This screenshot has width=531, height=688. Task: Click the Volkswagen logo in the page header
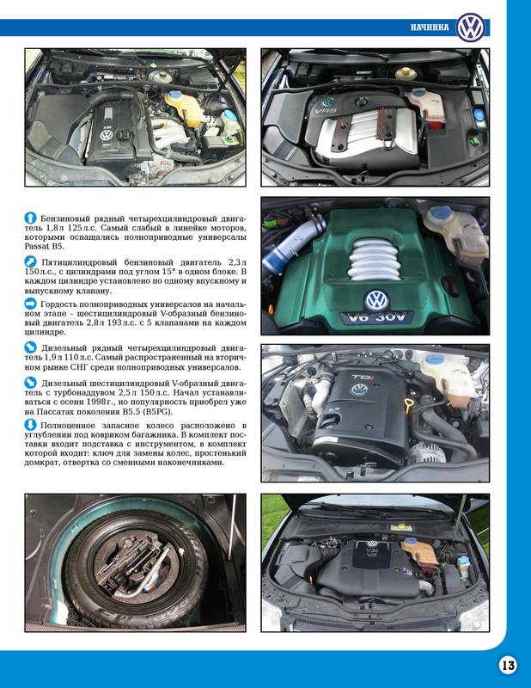coord(471,27)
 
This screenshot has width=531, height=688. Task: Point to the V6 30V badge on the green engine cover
coord(377,317)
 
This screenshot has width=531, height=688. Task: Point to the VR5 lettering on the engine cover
coord(326,111)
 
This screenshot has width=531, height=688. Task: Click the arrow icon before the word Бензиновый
coord(30,216)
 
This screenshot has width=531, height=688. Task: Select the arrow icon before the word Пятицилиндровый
coord(30,260)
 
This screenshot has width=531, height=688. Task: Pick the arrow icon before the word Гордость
coord(30,304)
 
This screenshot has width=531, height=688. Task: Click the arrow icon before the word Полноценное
coord(30,426)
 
